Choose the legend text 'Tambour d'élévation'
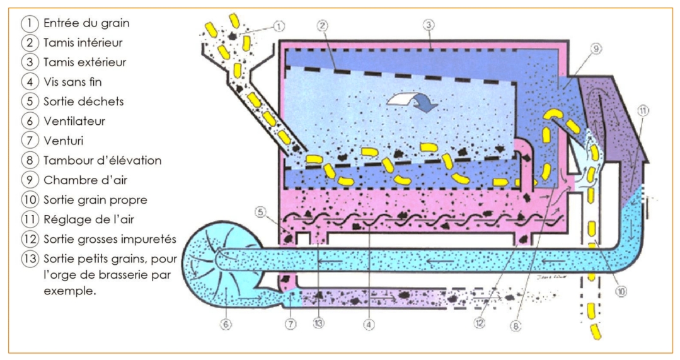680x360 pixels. pyautogui.click(x=102, y=161)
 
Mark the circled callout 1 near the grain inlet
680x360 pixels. pyautogui.click(x=279, y=26)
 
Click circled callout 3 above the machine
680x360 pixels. pyautogui.click(x=428, y=25)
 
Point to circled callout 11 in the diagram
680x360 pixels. pyautogui.click(x=640, y=111)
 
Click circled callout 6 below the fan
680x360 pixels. pyautogui.click(x=227, y=324)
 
